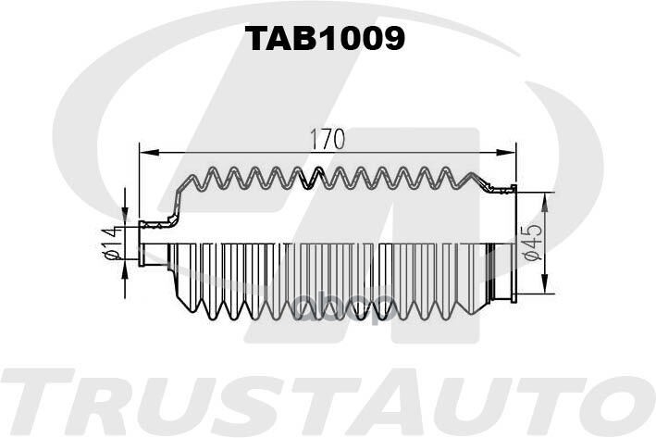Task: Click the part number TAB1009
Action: point(325,38)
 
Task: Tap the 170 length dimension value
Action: point(328,140)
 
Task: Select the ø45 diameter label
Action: point(533,243)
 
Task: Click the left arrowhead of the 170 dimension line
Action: point(149,153)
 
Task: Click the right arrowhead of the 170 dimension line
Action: point(505,153)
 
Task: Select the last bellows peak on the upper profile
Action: point(472,175)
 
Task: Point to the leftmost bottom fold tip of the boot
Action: point(192,310)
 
